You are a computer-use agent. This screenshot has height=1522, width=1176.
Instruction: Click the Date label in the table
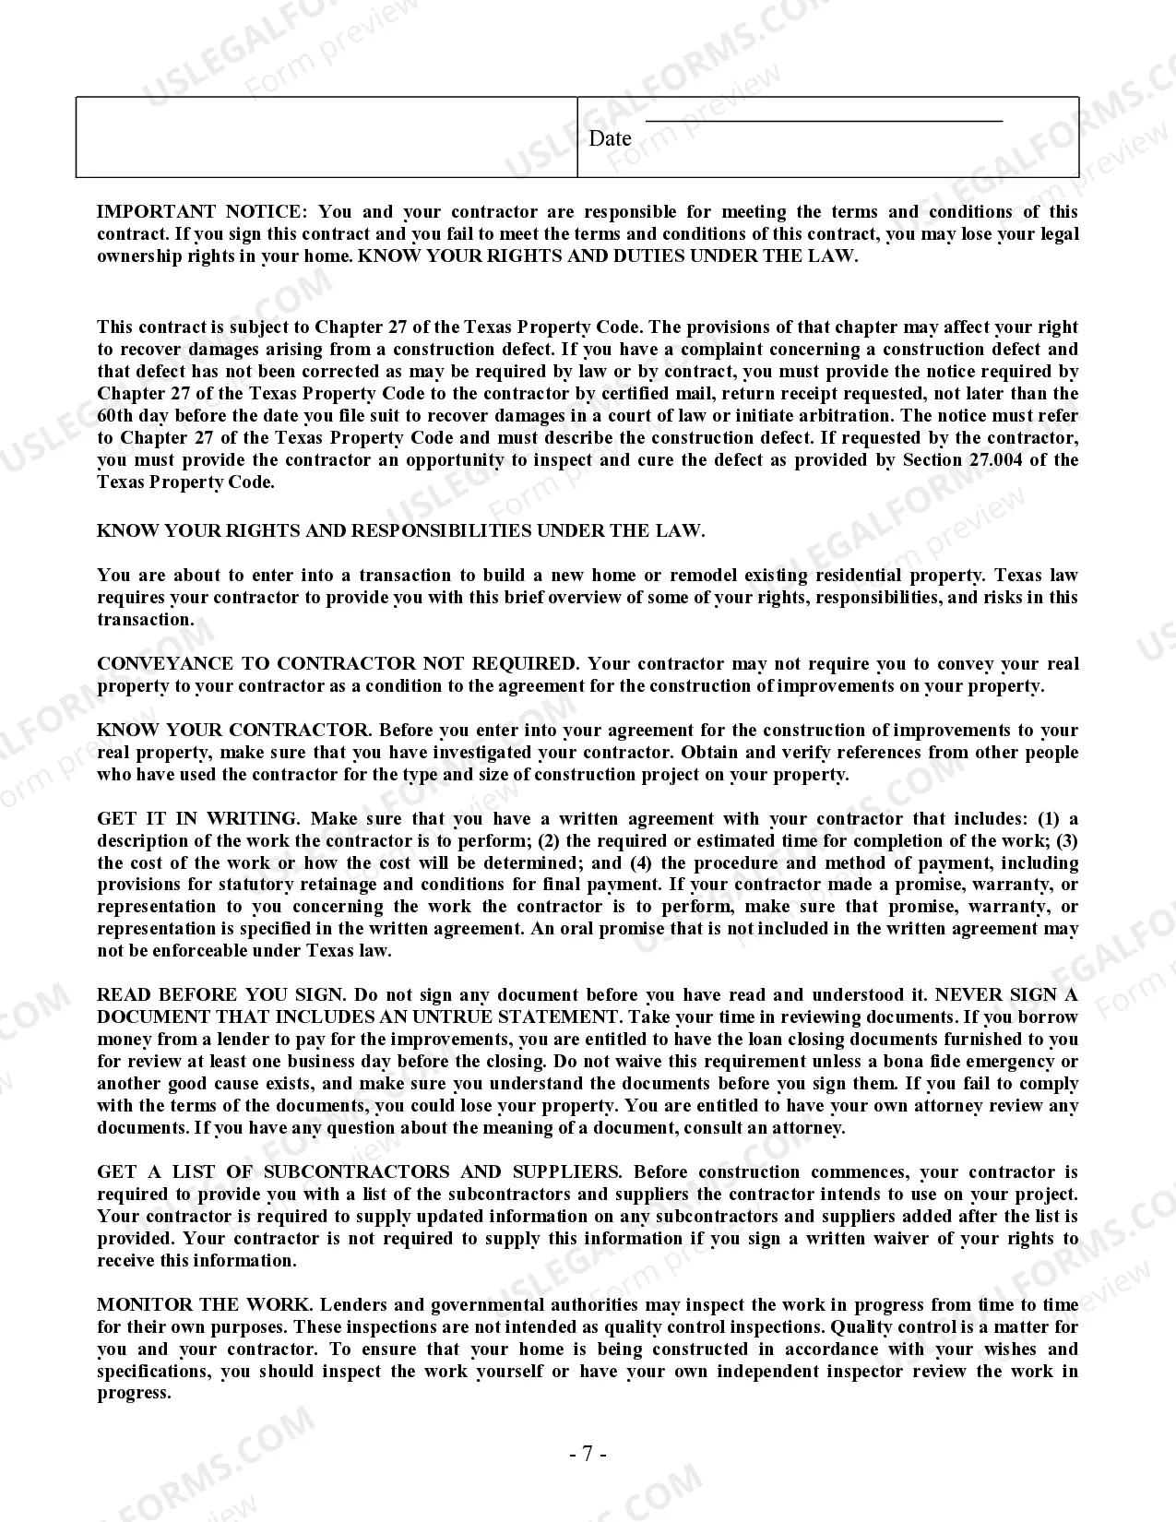pos(610,138)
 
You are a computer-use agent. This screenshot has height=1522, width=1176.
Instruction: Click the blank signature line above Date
pos(823,120)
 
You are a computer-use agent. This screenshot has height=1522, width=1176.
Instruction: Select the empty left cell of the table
pos(327,137)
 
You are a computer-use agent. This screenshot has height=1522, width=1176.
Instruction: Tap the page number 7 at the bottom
pos(588,1455)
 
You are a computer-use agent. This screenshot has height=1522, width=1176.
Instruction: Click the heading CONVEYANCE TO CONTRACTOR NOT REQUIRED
pos(337,664)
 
